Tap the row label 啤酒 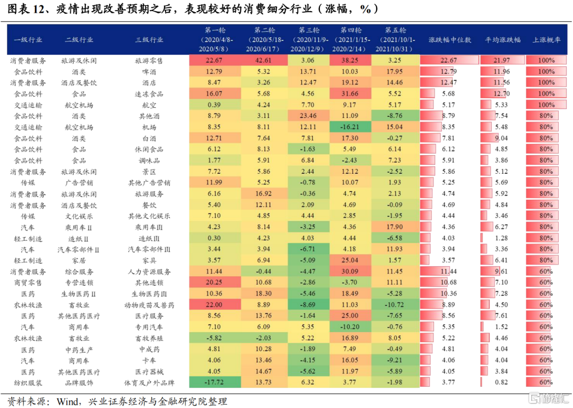click(x=149, y=72)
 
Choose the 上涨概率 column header click(x=546, y=40)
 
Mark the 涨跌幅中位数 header click(x=449, y=40)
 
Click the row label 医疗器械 click(x=149, y=371)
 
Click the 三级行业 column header click(x=149, y=40)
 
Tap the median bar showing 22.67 click(x=448, y=61)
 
